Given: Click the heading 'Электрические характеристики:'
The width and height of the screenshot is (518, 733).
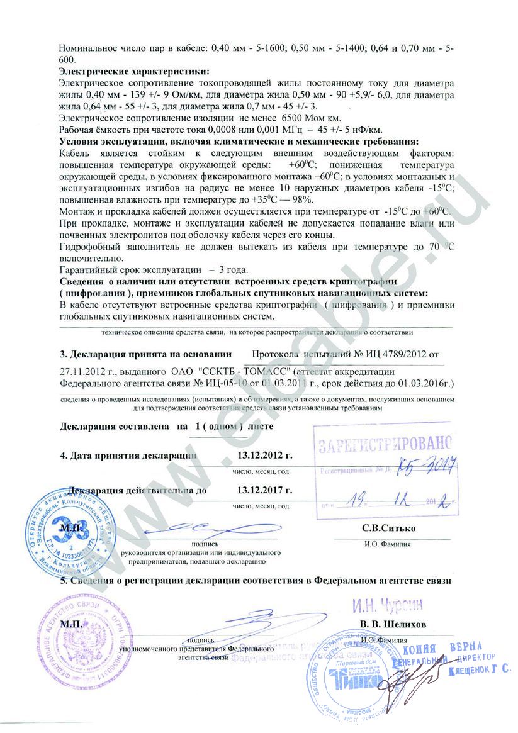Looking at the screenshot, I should [133, 72].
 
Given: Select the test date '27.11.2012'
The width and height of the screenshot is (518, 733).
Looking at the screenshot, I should [82, 371].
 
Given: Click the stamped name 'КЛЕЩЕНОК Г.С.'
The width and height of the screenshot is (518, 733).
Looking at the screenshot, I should [479, 671].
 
